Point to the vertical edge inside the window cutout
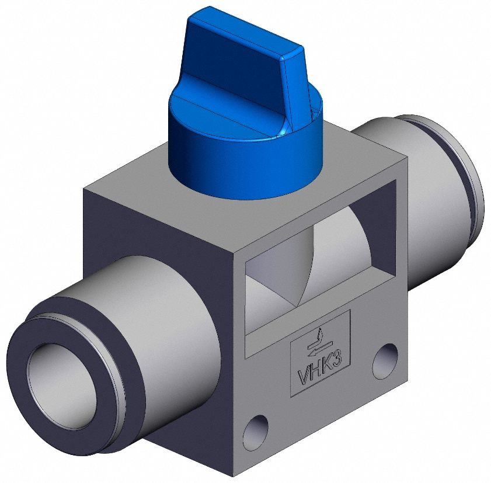coord(314,257)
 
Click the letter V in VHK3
coord(304,378)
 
